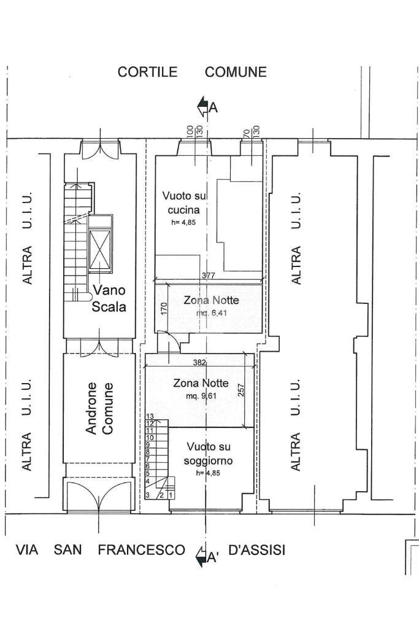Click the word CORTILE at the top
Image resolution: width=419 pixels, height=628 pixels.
[147, 72]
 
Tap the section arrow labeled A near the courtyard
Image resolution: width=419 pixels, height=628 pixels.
[204, 107]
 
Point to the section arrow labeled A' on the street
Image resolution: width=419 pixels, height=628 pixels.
[202, 557]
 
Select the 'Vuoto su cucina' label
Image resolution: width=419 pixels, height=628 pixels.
[185, 203]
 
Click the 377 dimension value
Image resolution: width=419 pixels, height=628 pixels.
[209, 276]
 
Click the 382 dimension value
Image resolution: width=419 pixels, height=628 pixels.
[199, 363]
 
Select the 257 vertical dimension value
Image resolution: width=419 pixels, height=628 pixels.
[241, 390]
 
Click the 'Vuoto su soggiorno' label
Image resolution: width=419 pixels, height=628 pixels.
[209, 453]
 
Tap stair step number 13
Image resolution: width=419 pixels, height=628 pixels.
[149, 417]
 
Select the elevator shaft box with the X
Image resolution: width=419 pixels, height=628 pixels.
[99, 250]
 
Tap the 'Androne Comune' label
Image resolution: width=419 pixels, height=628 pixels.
[99, 408]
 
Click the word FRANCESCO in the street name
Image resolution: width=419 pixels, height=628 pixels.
[141, 550]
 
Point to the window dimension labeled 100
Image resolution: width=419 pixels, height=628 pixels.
[190, 131]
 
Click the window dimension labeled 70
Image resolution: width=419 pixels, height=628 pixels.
[246, 132]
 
